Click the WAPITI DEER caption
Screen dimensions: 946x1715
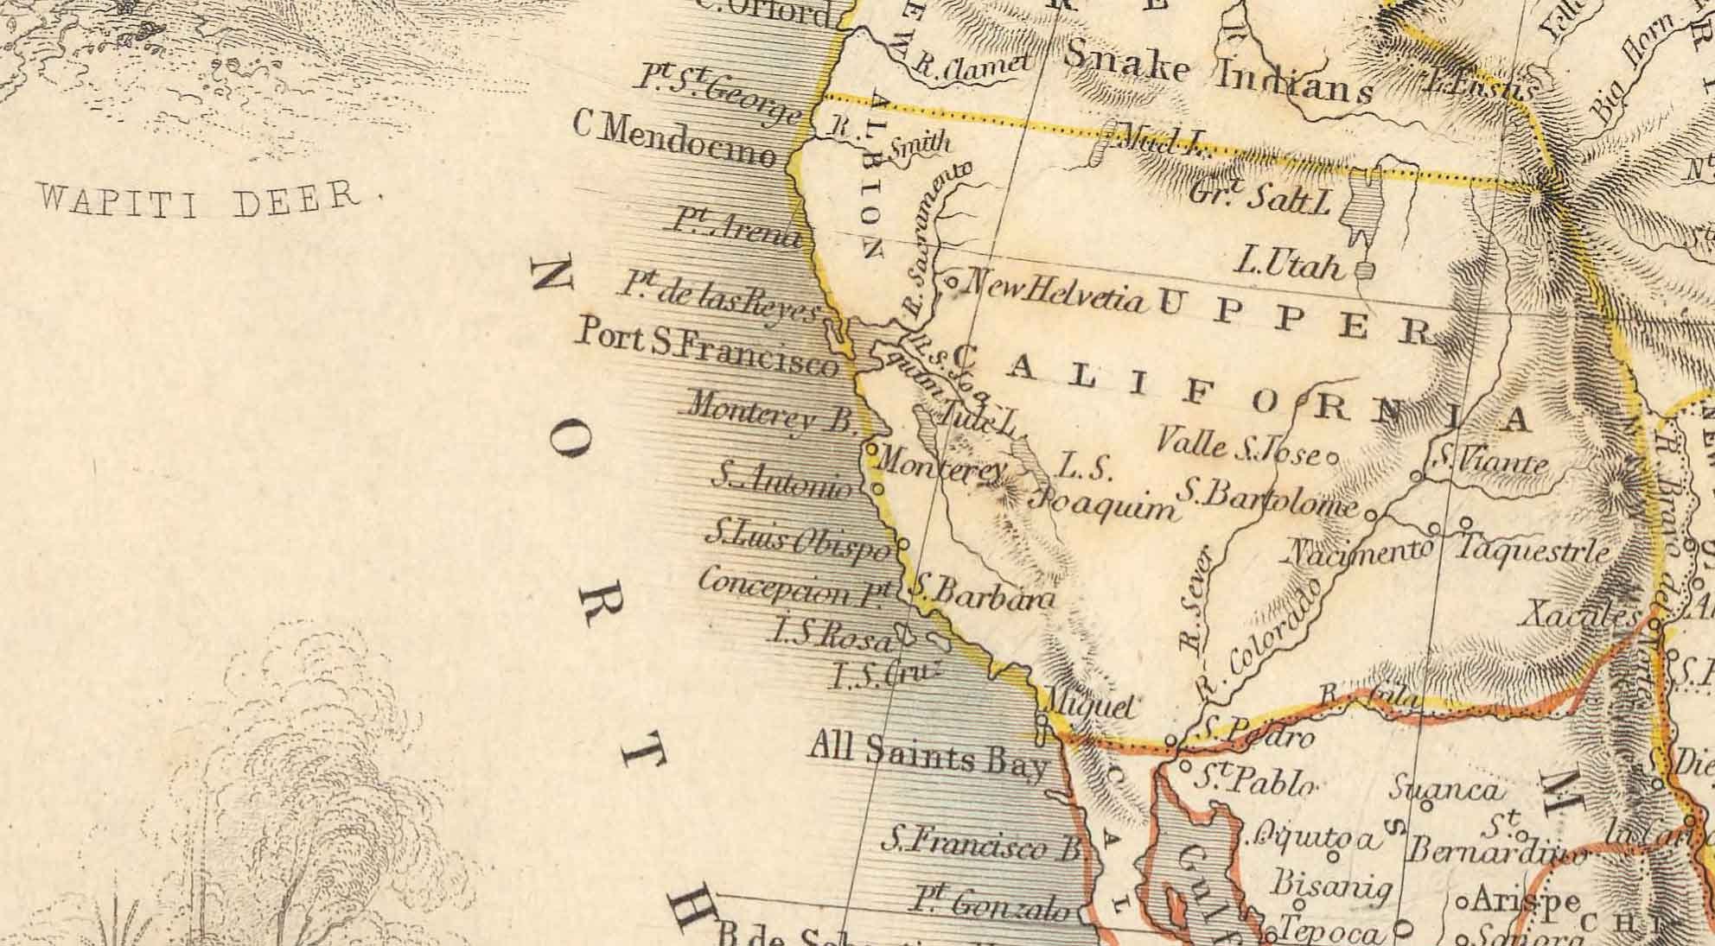click(x=199, y=197)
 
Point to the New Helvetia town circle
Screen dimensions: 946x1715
click(x=950, y=281)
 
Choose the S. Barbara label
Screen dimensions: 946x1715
click(x=984, y=594)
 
